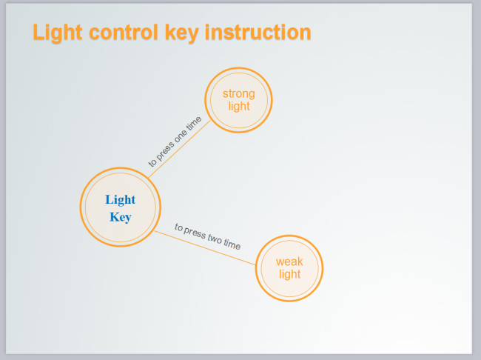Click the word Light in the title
[58, 33]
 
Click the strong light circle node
[238, 100]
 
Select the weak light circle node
[289, 268]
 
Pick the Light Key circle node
[120, 207]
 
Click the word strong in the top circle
[238, 93]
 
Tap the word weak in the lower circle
[289, 261]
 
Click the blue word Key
[120, 217]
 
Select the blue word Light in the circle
[120, 199]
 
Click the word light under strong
[238, 106]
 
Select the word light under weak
[289, 274]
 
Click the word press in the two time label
[195, 232]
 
